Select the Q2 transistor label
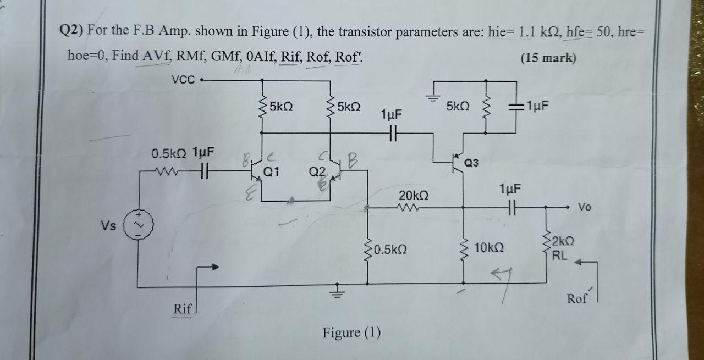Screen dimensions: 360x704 (318, 171)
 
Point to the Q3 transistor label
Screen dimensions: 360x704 (472, 163)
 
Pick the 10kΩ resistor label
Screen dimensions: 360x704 (486, 248)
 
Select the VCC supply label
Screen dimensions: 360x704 (183, 80)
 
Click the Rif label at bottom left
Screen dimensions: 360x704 (182, 309)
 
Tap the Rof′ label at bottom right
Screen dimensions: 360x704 (577, 298)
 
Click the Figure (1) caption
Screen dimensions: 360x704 (351, 333)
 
